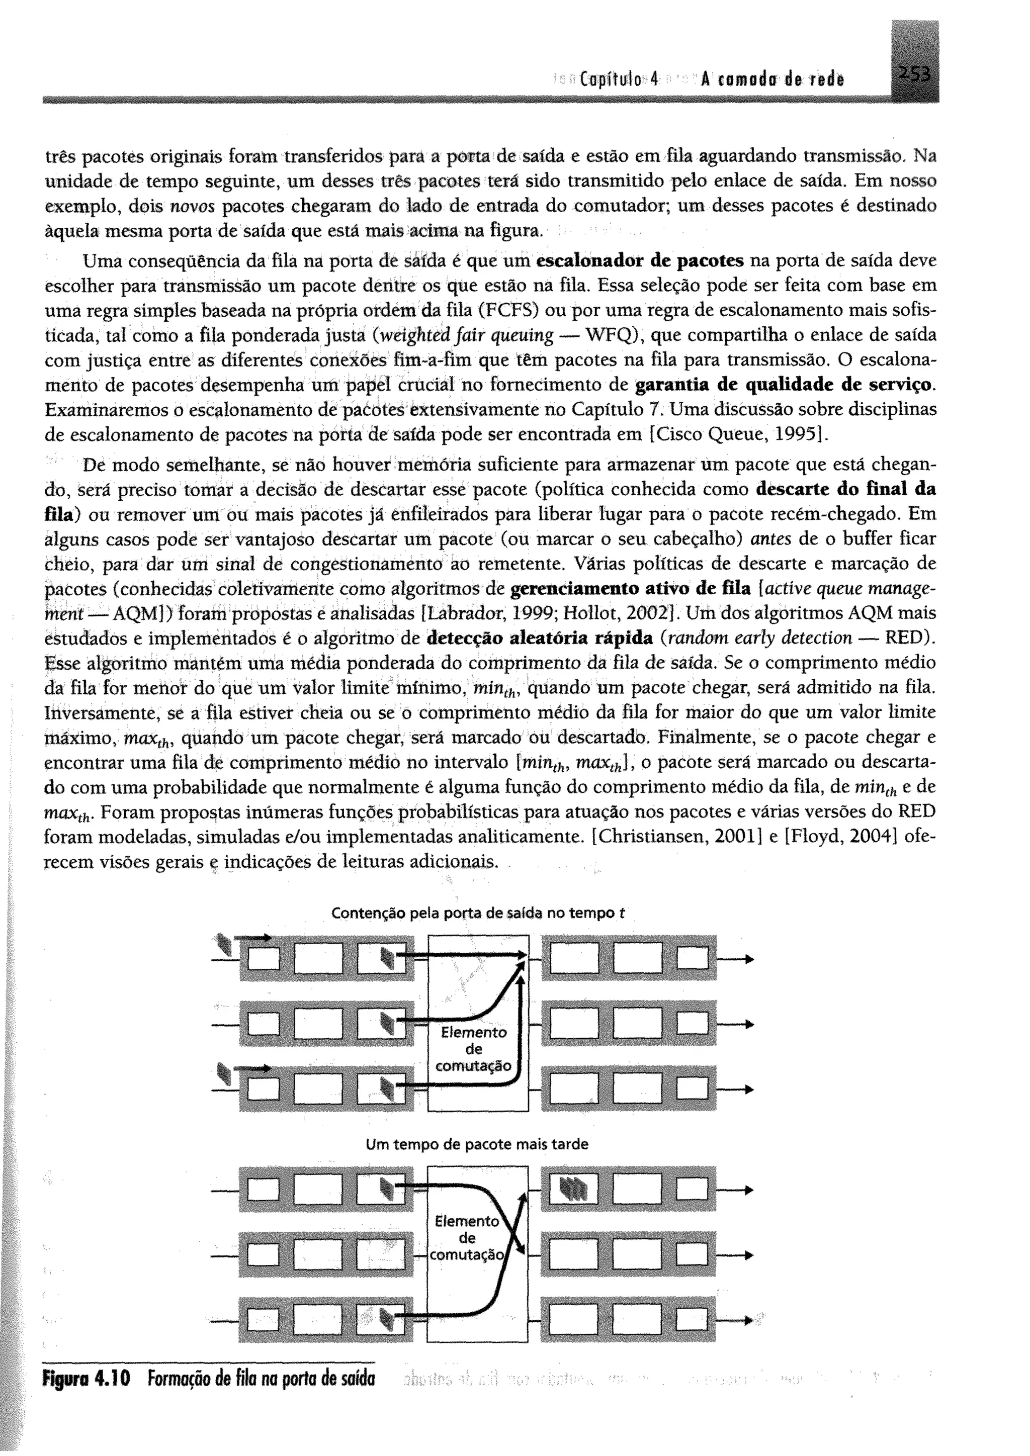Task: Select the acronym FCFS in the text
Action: pyautogui.click(x=509, y=311)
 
